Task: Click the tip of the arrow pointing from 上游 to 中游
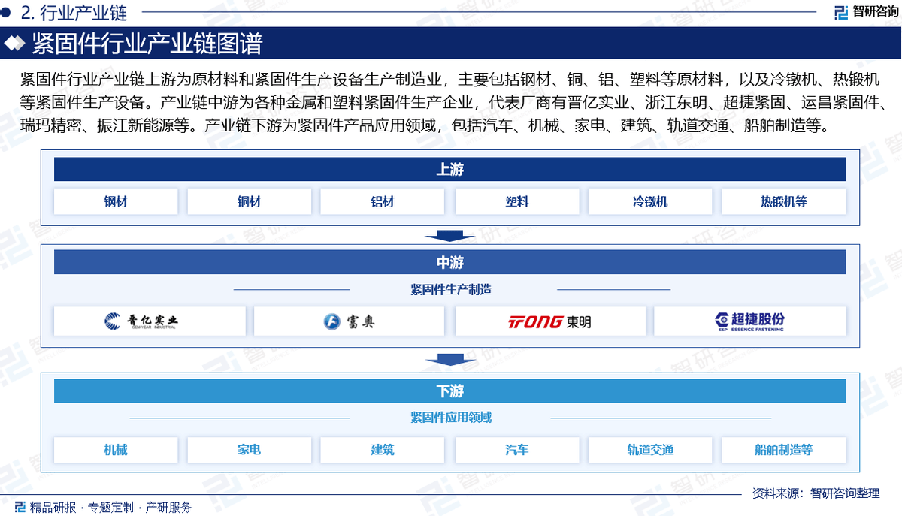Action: coord(449,242)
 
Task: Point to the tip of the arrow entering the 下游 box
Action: coord(450,366)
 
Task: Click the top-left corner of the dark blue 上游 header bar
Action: coord(54,158)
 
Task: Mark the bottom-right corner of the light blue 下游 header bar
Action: coord(846,403)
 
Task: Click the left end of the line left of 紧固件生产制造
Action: coord(234,289)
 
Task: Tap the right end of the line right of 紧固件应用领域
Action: coord(771,418)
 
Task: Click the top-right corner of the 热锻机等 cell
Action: coord(846,189)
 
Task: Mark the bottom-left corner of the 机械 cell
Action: coord(54,463)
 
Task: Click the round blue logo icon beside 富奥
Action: coord(331,321)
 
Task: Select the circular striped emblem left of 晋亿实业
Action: coord(112,321)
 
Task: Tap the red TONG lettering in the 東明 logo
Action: coord(535,322)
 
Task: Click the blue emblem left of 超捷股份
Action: coord(722,320)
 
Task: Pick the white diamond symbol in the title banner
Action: coord(14,43)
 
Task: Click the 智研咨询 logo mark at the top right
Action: coord(841,12)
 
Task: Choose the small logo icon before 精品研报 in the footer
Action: coord(20,507)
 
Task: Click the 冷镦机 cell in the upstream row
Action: coord(650,201)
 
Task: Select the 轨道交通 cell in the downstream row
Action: coord(650,450)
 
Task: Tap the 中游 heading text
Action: coord(449,262)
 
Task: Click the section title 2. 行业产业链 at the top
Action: coord(74,14)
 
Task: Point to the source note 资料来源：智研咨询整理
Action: coord(816,493)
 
